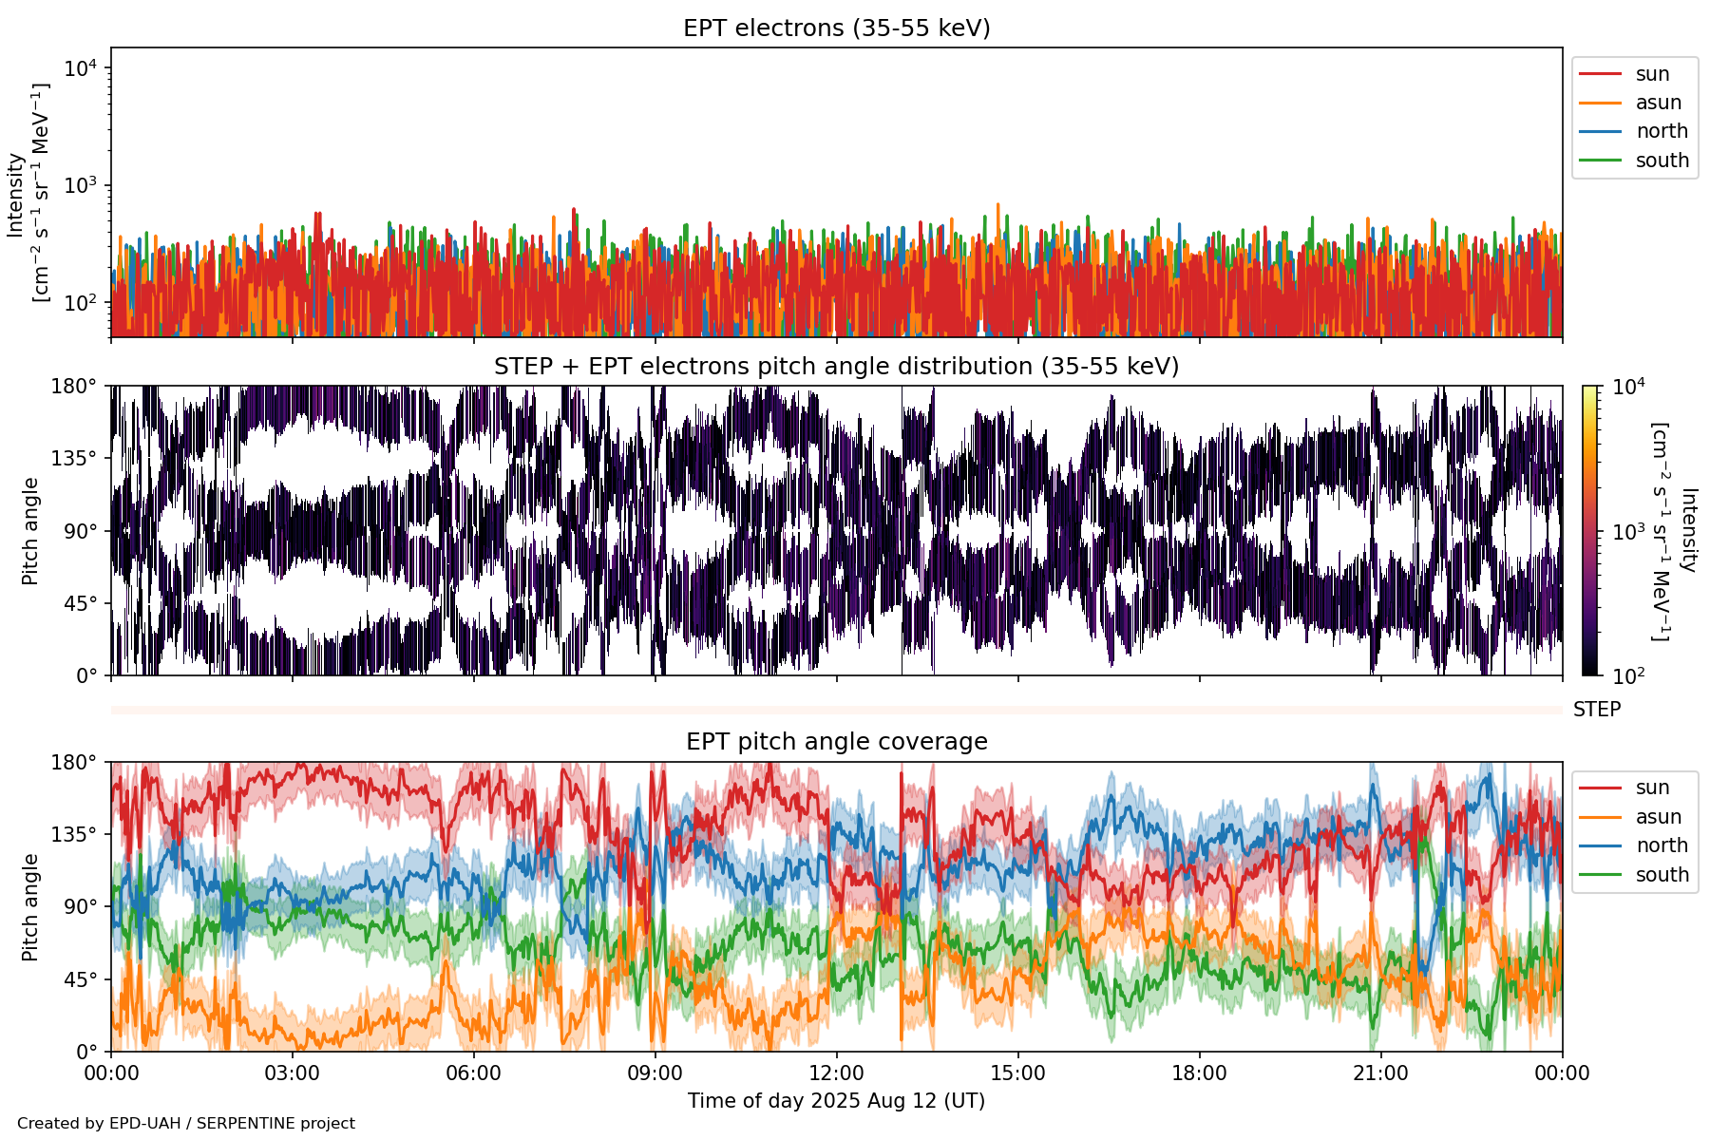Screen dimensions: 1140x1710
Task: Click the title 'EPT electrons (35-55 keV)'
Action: pyautogui.click(x=836, y=28)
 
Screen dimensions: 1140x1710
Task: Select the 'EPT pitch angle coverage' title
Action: pyautogui.click(x=836, y=742)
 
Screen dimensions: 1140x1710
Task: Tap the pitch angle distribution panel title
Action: pyautogui.click(x=836, y=367)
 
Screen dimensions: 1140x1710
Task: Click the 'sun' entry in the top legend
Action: pyautogui.click(x=1652, y=74)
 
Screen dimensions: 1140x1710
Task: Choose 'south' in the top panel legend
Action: pyautogui.click(x=1662, y=161)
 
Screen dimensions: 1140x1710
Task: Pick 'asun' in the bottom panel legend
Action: pyautogui.click(x=1658, y=817)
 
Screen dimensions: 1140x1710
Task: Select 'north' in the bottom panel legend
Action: pyautogui.click(x=1662, y=845)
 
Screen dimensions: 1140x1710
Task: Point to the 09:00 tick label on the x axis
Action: pyautogui.click(x=655, y=1073)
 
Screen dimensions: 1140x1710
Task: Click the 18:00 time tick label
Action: pyautogui.click(x=1199, y=1073)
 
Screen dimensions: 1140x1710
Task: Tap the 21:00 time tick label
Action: pyautogui.click(x=1380, y=1073)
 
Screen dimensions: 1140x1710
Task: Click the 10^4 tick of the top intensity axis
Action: pyautogui.click(x=80, y=68)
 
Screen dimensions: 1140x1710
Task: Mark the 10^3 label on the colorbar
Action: pyautogui.click(x=1628, y=532)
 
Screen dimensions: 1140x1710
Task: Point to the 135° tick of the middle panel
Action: pyautogui.click(x=74, y=459)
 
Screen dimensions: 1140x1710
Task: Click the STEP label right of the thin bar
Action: pyautogui.click(x=1596, y=710)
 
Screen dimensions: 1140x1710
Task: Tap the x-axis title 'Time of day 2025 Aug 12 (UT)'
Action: pyautogui.click(x=836, y=1101)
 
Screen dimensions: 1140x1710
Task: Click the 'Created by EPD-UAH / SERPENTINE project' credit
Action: pyautogui.click(x=186, y=1124)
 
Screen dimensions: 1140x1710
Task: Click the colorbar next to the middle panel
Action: pyautogui.click(x=1589, y=530)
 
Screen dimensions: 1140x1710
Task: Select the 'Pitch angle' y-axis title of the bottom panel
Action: pyautogui.click(x=30, y=907)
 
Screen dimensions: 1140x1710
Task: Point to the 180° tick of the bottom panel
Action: pyautogui.click(x=74, y=763)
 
